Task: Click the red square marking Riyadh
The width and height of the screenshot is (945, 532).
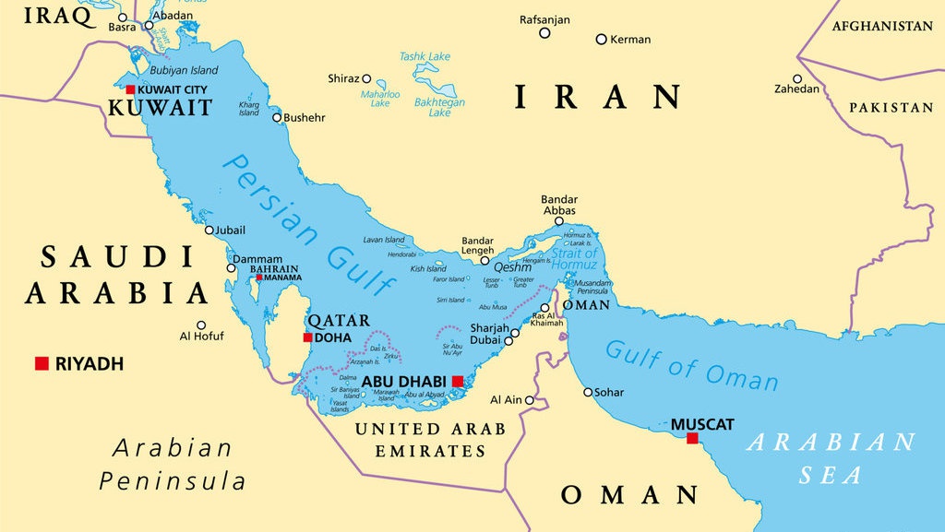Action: [x=42, y=363]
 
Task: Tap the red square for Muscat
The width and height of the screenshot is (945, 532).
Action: [x=692, y=438]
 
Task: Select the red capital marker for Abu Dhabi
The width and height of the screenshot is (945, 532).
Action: [x=458, y=381]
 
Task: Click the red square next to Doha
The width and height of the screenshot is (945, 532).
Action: [x=307, y=337]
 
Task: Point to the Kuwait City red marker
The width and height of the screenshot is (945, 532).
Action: [x=130, y=89]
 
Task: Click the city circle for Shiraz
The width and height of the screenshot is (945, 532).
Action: [x=366, y=78]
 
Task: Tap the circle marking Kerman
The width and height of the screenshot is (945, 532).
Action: [x=601, y=39]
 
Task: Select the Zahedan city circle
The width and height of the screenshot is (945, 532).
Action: [x=797, y=78]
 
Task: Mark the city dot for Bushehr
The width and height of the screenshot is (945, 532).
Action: [x=277, y=117]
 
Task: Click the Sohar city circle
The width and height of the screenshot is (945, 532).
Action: [x=588, y=392]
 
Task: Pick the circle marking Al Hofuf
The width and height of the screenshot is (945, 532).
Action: [x=201, y=324]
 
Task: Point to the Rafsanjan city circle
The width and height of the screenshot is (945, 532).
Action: [x=544, y=33]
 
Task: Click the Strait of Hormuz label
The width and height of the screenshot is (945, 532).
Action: [x=574, y=259]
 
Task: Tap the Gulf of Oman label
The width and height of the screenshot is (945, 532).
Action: [x=691, y=364]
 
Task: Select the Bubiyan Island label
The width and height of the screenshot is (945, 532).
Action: [x=185, y=70]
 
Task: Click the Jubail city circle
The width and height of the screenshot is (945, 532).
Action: [x=209, y=230]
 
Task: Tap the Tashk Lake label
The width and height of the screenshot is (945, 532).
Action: [x=425, y=56]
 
